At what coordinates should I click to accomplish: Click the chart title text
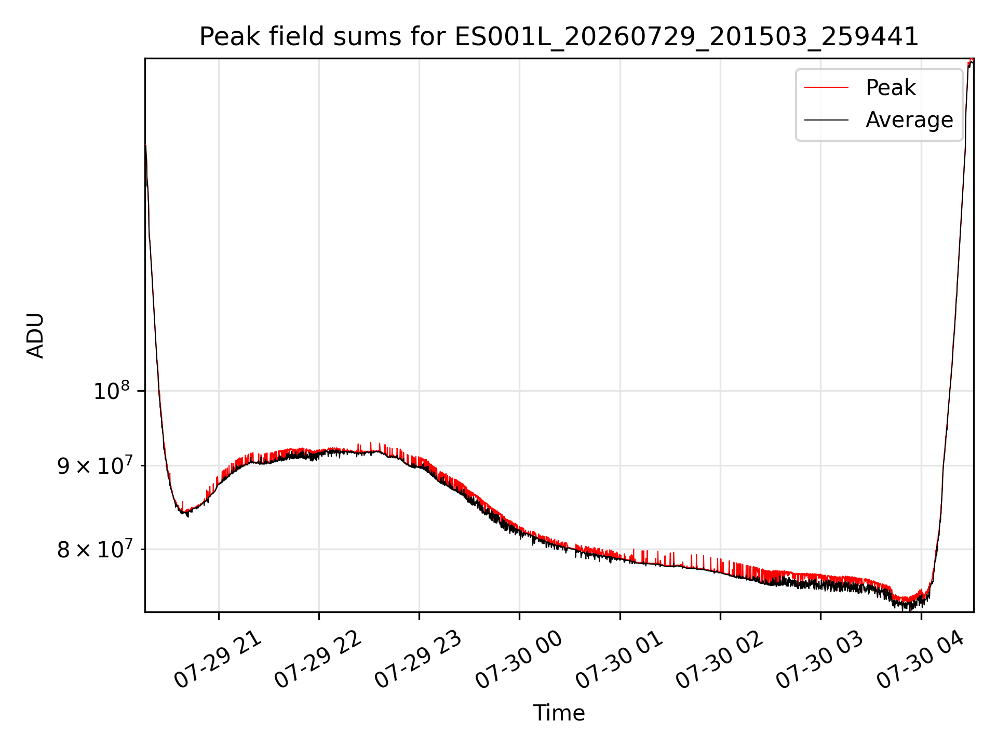(x=559, y=37)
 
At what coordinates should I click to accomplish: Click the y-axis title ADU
(x=35, y=336)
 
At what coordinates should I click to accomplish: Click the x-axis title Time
(x=559, y=713)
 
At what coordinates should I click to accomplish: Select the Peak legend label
(x=891, y=88)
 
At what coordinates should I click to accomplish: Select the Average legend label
(x=909, y=120)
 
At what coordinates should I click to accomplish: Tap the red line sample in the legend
(x=826, y=88)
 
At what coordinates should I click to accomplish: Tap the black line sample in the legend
(x=826, y=120)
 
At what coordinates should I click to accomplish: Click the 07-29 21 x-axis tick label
(x=218, y=660)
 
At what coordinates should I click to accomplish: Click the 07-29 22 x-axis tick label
(x=318, y=660)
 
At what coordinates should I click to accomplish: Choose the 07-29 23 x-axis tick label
(x=419, y=660)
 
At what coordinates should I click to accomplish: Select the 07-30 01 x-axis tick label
(x=619, y=660)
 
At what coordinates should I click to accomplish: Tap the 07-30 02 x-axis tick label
(x=720, y=660)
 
